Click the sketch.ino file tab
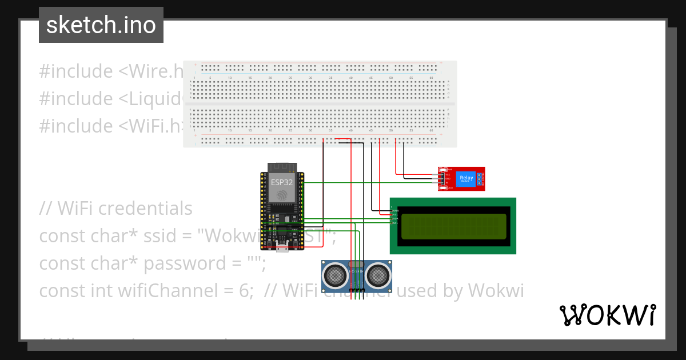(x=101, y=25)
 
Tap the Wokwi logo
(x=607, y=315)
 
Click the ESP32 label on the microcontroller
(x=281, y=182)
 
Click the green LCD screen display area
(x=453, y=226)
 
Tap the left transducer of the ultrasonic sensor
(x=335, y=275)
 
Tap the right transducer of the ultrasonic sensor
(x=378, y=275)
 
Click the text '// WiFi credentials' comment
(x=116, y=209)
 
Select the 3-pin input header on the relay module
(x=442, y=179)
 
